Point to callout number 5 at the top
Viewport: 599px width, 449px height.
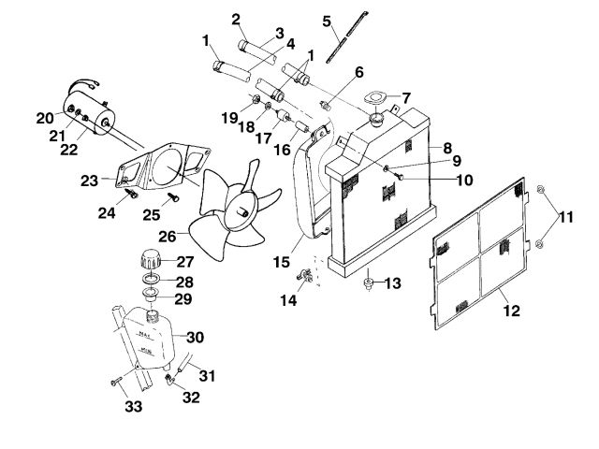coord(327,20)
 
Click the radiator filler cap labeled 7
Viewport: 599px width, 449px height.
coord(377,120)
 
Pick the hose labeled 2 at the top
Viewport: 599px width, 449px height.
coord(256,44)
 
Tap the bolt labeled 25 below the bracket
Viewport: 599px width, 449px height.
coord(174,198)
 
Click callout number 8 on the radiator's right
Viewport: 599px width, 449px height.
coord(448,148)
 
